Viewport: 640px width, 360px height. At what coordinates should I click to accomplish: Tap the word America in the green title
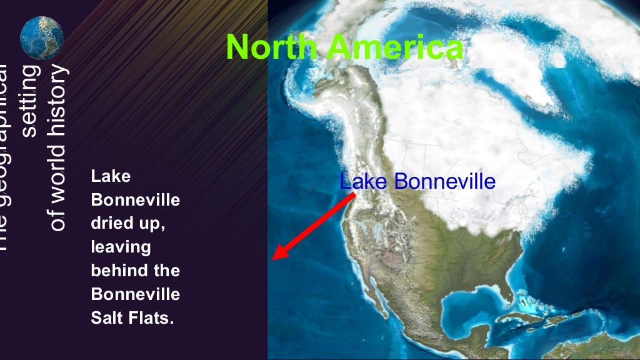click(x=396, y=47)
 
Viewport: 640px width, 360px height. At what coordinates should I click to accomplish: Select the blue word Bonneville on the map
click(x=446, y=181)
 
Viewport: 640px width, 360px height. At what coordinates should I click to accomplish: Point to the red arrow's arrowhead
click(x=279, y=254)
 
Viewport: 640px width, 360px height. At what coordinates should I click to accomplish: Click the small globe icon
click(x=42, y=38)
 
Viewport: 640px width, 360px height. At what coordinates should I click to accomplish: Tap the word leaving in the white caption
click(x=121, y=247)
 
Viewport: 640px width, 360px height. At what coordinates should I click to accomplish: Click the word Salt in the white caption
click(x=104, y=317)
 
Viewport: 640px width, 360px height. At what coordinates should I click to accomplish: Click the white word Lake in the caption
click(x=111, y=176)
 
